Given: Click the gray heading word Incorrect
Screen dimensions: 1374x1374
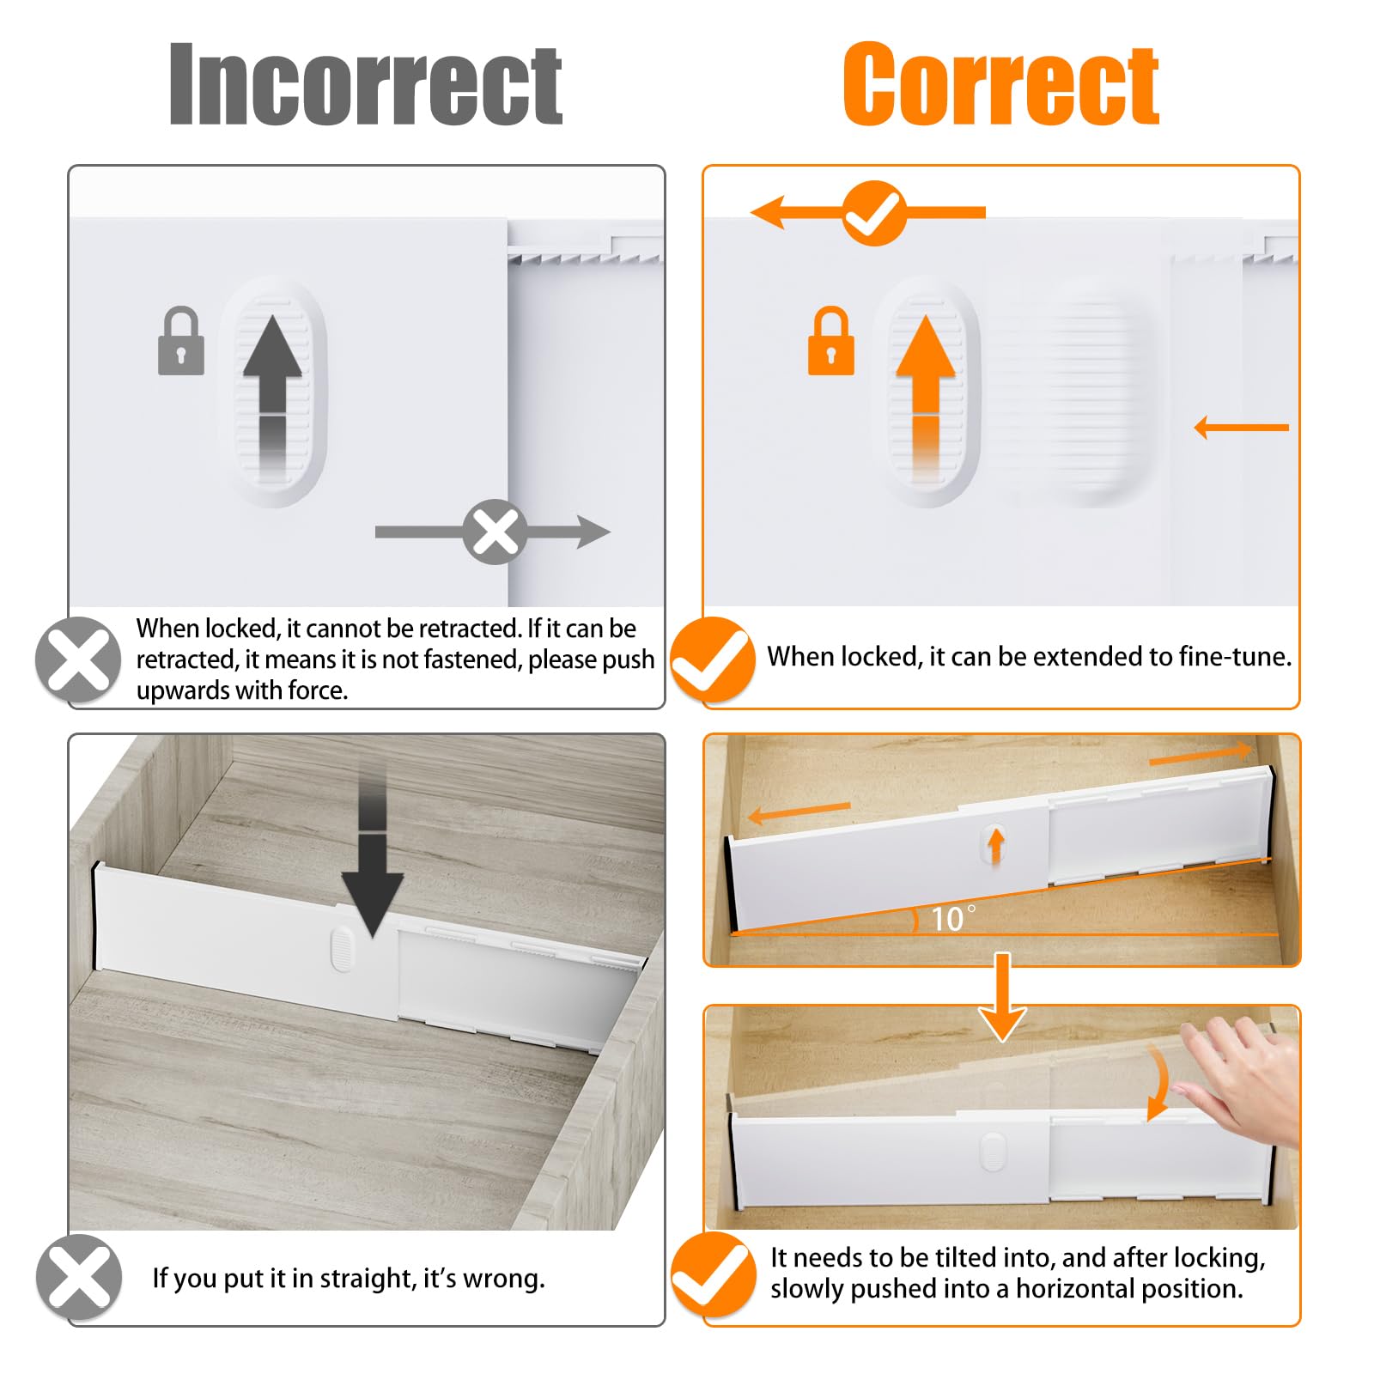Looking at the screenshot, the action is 366,84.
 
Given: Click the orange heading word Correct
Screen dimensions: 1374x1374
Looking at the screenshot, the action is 1001,84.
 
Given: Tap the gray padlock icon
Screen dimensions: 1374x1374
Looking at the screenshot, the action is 181,341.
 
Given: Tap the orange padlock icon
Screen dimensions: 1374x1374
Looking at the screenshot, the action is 831,341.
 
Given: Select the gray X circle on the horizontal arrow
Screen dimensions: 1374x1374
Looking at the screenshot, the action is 495,532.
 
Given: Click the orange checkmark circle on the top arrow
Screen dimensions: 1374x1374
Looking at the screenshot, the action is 874,213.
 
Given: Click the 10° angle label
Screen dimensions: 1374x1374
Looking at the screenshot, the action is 953,919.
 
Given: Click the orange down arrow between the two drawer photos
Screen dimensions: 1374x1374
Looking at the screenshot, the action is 1002,996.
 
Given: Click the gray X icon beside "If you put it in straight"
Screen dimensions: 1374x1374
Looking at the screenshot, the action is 79,1277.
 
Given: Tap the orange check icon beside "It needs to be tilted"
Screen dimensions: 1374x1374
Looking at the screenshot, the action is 713,1274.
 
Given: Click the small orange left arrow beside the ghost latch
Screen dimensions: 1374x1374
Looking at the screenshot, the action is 1242,427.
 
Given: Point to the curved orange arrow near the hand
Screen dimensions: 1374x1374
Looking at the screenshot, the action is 1159,1084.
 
